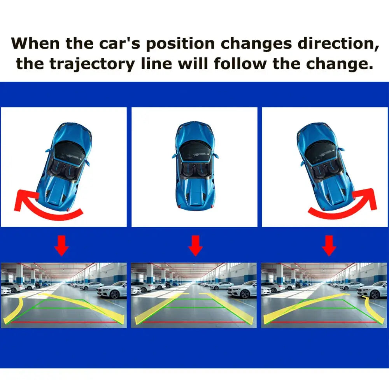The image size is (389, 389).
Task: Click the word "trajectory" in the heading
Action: [92, 64]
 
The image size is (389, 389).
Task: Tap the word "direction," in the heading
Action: [338, 44]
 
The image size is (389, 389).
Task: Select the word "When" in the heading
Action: [35, 43]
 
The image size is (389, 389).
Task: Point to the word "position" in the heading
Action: [180, 44]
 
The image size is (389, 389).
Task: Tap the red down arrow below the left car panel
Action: [61, 245]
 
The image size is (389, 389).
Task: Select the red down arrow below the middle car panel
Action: [196, 245]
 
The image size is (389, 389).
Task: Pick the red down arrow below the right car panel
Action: [329, 245]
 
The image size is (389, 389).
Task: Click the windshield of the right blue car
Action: [321, 153]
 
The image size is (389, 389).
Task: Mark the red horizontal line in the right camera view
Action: [324, 322]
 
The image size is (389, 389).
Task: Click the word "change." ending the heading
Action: [340, 64]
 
